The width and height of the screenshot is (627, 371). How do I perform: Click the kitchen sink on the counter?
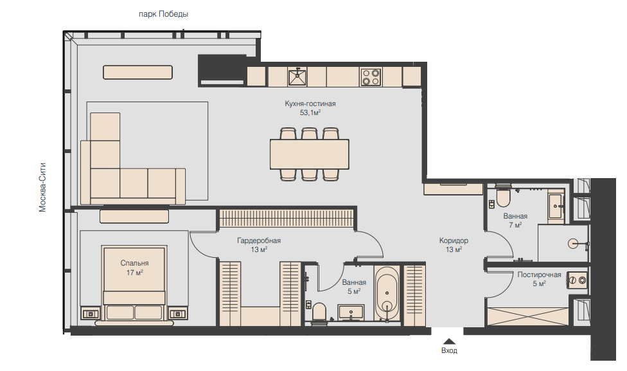(297, 77)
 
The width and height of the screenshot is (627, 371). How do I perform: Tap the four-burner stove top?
(370, 77)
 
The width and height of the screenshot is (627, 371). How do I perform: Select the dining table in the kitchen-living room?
(310, 154)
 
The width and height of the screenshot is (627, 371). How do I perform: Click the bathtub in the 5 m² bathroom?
(387, 293)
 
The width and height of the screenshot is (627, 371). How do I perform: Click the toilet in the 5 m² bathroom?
(319, 313)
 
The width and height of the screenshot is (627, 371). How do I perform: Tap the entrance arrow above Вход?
(449, 341)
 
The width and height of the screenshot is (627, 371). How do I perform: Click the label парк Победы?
(163, 14)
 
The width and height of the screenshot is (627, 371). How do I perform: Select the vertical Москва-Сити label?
(42, 187)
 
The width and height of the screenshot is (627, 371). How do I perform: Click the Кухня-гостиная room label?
(310, 104)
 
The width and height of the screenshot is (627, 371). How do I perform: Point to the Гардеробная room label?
(259, 240)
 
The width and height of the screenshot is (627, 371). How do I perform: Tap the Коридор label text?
(454, 240)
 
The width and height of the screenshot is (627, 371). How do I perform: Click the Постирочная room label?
(539, 275)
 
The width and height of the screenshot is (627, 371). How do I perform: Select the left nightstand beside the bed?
(91, 313)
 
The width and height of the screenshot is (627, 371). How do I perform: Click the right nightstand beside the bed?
(177, 313)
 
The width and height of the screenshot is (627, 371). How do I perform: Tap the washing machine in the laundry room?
(578, 280)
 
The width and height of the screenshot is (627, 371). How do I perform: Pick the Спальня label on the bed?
(134, 263)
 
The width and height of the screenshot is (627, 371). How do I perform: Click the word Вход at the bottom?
(449, 350)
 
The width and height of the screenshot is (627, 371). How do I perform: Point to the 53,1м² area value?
(310, 113)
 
